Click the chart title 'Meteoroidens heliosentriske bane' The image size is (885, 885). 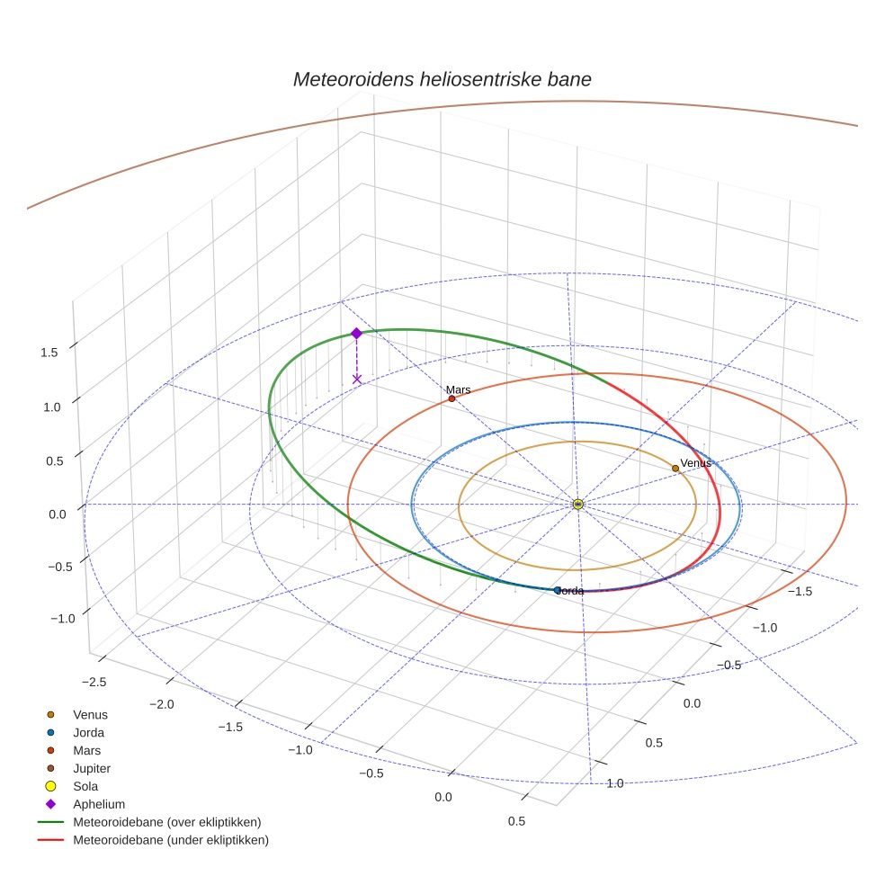(x=442, y=79)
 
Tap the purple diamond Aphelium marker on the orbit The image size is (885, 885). (x=356, y=333)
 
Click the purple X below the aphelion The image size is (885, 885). (x=357, y=380)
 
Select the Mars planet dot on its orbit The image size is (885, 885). (x=451, y=398)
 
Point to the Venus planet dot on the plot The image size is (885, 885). (x=675, y=468)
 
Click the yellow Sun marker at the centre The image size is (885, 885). (x=577, y=505)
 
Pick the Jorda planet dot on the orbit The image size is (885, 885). (x=558, y=590)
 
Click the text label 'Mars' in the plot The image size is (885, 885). (x=459, y=389)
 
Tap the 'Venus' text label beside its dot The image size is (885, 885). (x=695, y=462)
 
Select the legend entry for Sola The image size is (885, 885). (x=85, y=786)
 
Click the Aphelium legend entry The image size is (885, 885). (x=98, y=804)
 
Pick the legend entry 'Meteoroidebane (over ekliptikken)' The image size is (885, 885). (x=166, y=822)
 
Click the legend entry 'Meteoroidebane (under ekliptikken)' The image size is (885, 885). (x=171, y=840)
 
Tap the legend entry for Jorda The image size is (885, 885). (x=88, y=732)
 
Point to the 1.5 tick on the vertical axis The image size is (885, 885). (x=49, y=353)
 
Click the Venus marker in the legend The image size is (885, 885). (x=50, y=714)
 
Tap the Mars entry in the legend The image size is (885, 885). (x=86, y=750)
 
